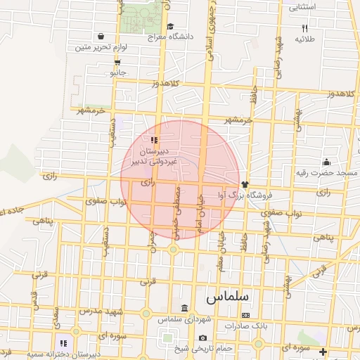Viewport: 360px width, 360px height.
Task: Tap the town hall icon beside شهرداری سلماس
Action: click(x=184, y=309)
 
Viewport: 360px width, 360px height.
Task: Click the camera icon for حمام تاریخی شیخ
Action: click(x=202, y=337)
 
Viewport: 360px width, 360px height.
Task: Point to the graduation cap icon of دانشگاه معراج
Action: click(x=171, y=27)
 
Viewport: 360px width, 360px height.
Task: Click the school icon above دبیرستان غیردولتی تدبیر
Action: click(x=154, y=140)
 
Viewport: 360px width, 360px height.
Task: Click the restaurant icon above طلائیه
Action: click(x=304, y=28)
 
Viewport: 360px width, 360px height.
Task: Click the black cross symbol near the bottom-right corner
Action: click(x=323, y=352)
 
